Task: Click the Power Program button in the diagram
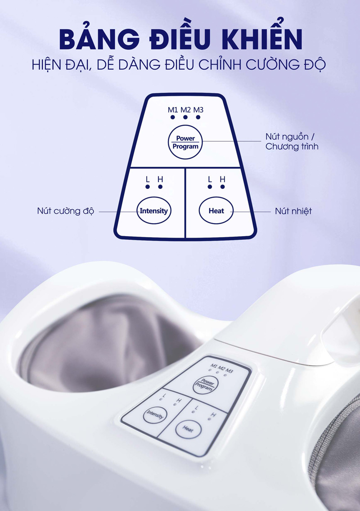(185, 143)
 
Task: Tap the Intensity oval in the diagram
(153, 211)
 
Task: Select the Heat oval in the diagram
(216, 211)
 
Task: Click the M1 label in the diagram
(173, 110)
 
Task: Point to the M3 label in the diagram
(198, 110)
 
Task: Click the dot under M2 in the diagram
(185, 117)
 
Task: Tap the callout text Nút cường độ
(65, 211)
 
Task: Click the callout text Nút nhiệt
(293, 211)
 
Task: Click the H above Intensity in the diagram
(160, 179)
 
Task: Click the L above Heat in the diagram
(210, 179)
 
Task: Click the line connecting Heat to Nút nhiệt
(252, 211)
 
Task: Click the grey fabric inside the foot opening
(112, 342)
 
